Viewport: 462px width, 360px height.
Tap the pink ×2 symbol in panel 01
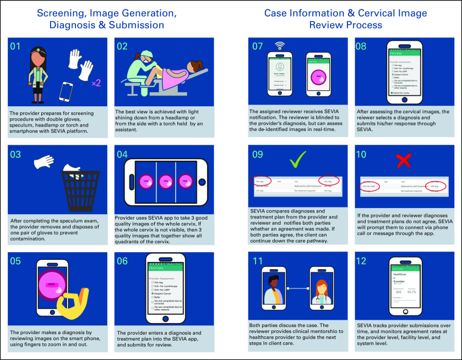point(95,83)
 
